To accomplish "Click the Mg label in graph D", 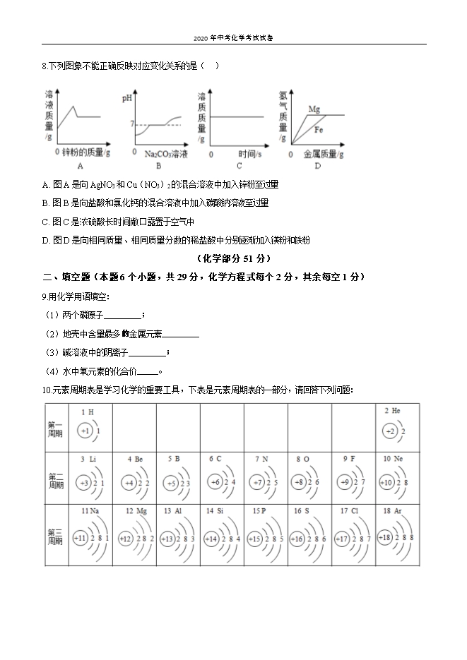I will (314, 109).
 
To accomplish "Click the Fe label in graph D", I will (319, 130).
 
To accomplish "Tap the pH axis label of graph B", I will (127, 98).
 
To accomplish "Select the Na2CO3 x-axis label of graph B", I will (166, 153).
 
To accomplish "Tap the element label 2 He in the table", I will (393, 411).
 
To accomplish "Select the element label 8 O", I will (302, 459).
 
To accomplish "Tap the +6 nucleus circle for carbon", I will (216, 482).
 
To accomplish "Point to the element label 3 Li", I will (88, 459).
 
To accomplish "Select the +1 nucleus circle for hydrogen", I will (85, 431).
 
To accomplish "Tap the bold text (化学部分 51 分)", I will (233, 258).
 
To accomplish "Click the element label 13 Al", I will (173, 510).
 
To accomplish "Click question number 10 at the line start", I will (46, 390).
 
